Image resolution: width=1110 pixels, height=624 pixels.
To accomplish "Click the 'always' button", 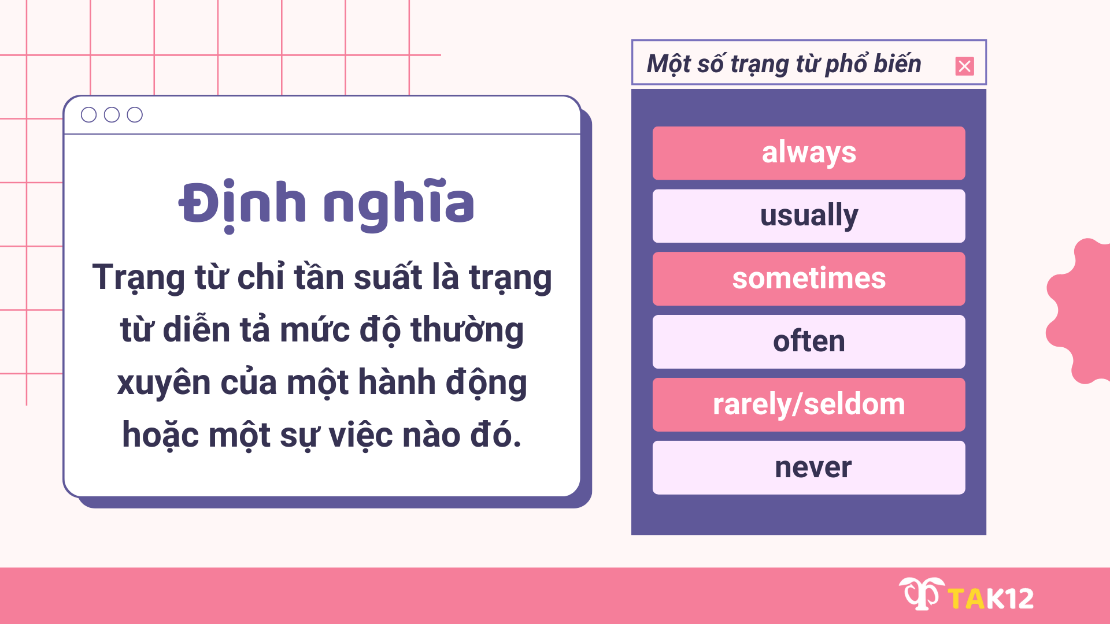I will click(x=808, y=153).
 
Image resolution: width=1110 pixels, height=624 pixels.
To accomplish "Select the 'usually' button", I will click(x=808, y=216).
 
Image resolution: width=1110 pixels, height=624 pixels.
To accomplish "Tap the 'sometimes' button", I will click(x=808, y=278).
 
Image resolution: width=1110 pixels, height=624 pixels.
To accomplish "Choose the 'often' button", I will click(x=808, y=341).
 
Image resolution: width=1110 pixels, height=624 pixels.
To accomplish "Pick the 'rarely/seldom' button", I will click(x=808, y=404).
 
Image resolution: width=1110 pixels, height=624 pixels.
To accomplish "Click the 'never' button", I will click(x=808, y=467).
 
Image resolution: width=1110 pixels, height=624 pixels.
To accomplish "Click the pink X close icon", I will click(x=964, y=66).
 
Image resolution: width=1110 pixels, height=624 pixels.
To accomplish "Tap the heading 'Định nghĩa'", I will click(x=327, y=204).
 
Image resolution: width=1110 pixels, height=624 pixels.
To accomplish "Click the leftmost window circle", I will click(x=88, y=115).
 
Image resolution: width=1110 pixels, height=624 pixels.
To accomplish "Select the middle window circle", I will click(x=112, y=115).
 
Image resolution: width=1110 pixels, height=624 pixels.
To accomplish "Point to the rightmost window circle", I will click(x=135, y=115).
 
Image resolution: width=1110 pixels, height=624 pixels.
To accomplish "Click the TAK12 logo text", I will click(x=991, y=599).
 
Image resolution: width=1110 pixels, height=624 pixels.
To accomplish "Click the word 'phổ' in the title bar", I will click(x=845, y=64).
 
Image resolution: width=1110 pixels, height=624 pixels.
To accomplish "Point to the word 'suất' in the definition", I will click(x=387, y=277).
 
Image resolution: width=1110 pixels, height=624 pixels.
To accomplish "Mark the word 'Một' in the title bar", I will click(x=668, y=64).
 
